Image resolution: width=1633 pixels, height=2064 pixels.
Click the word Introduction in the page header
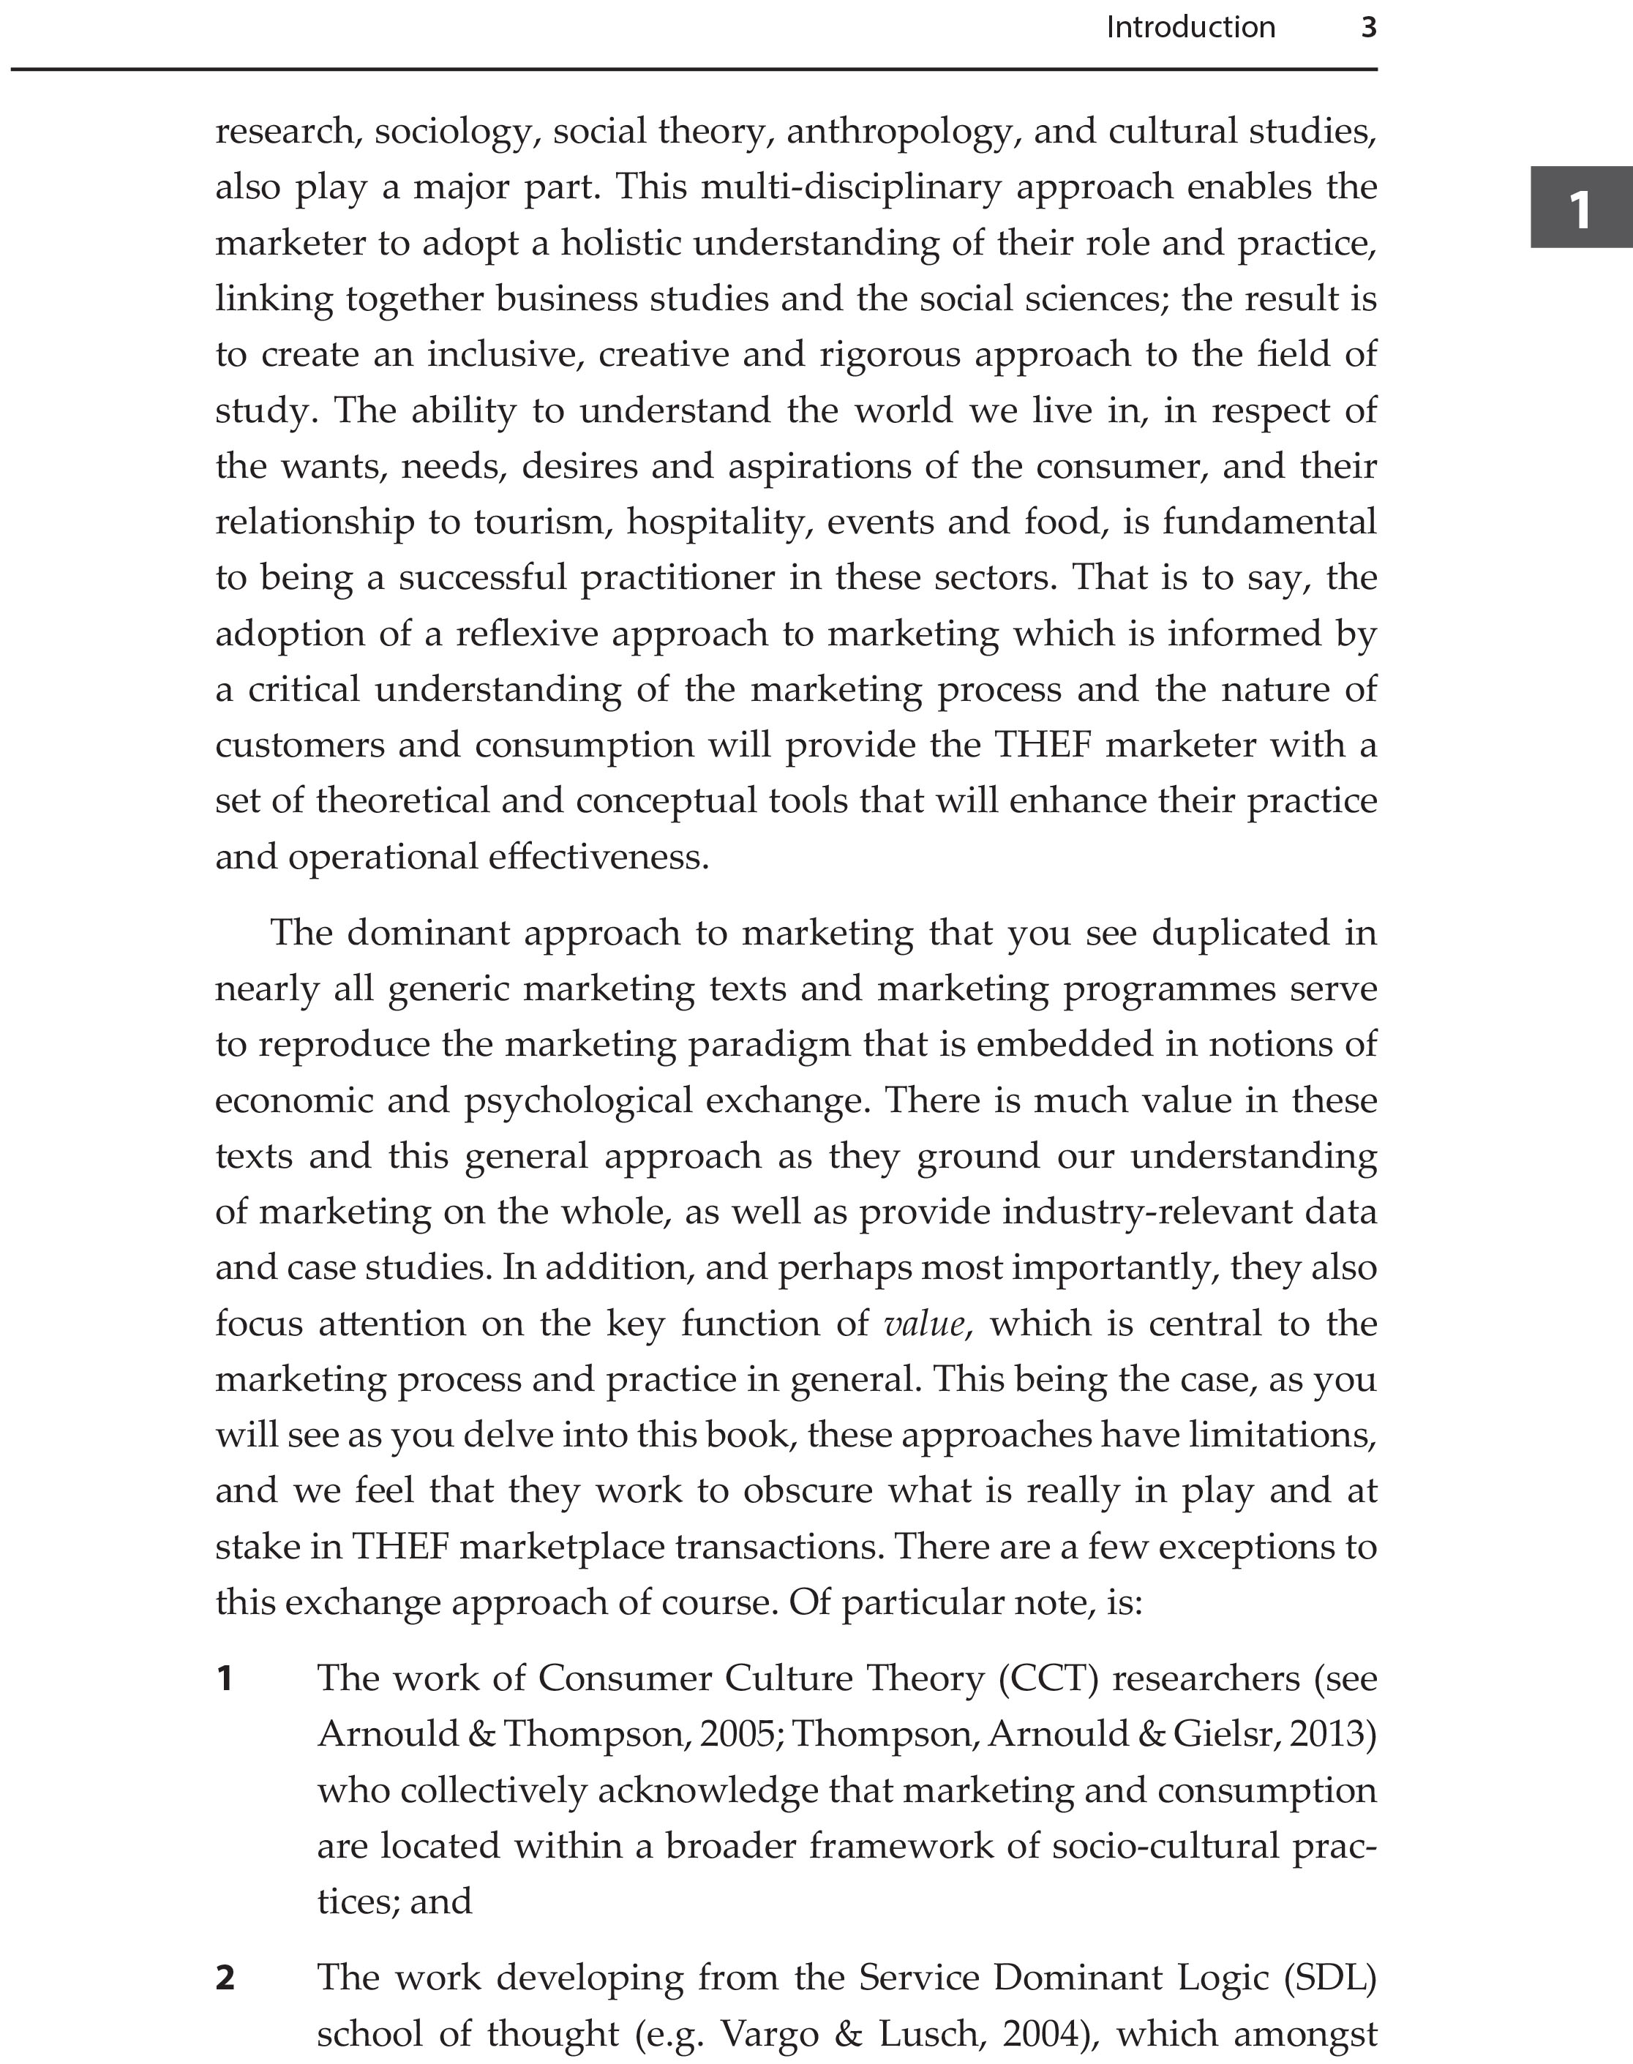[x=1190, y=28]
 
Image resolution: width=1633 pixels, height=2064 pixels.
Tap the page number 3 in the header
[x=1368, y=28]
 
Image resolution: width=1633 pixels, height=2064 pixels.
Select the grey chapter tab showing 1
[x=1580, y=208]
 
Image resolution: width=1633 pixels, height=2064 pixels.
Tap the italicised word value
[x=923, y=1324]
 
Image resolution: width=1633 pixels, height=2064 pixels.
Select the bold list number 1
[x=225, y=1678]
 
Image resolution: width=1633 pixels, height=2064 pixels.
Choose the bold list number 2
[x=225, y=1977]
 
